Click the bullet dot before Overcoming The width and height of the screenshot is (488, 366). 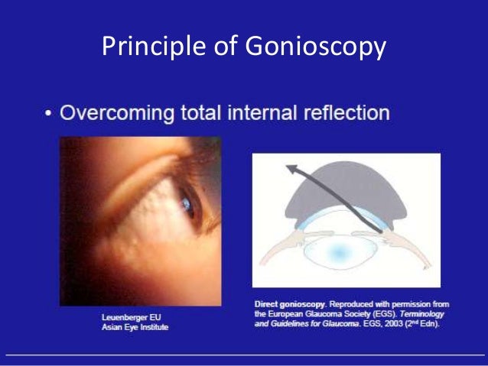point(48,113)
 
